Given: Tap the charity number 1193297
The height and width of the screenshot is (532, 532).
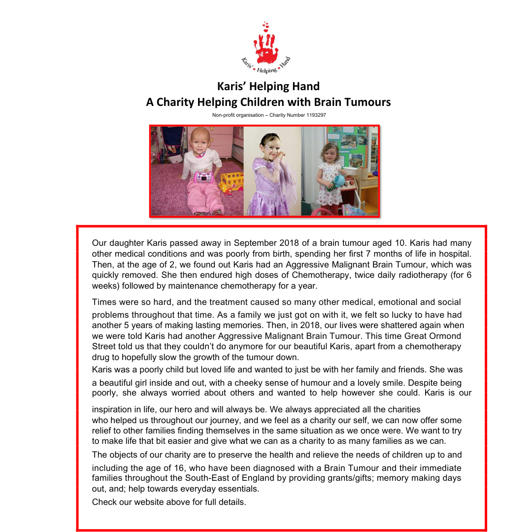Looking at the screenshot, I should click(x=313, y=115).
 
